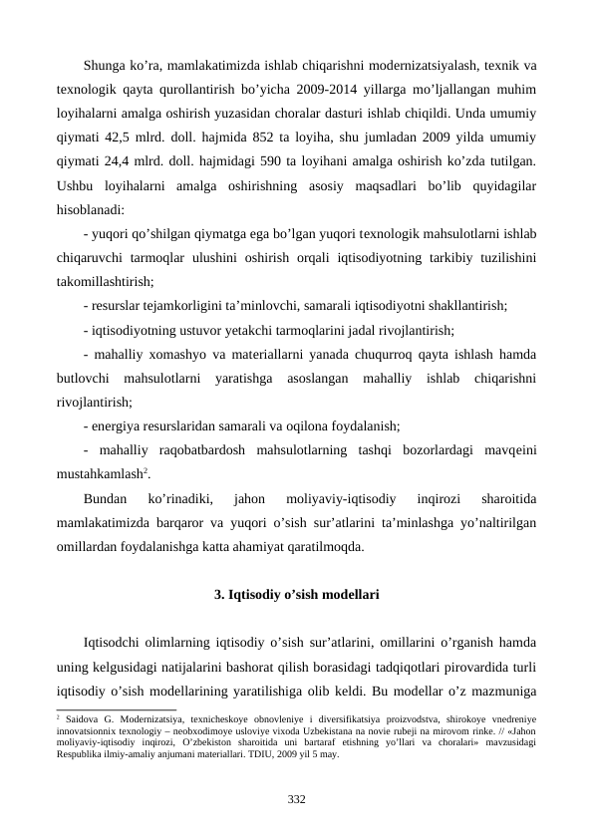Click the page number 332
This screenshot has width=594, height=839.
pos(296,798)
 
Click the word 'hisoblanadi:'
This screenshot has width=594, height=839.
pos(91,209)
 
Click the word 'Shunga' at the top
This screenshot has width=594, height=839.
pos(108,66)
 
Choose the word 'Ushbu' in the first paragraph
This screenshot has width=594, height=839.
pos(76,185)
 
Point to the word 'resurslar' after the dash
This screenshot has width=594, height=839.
pos(119,306)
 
